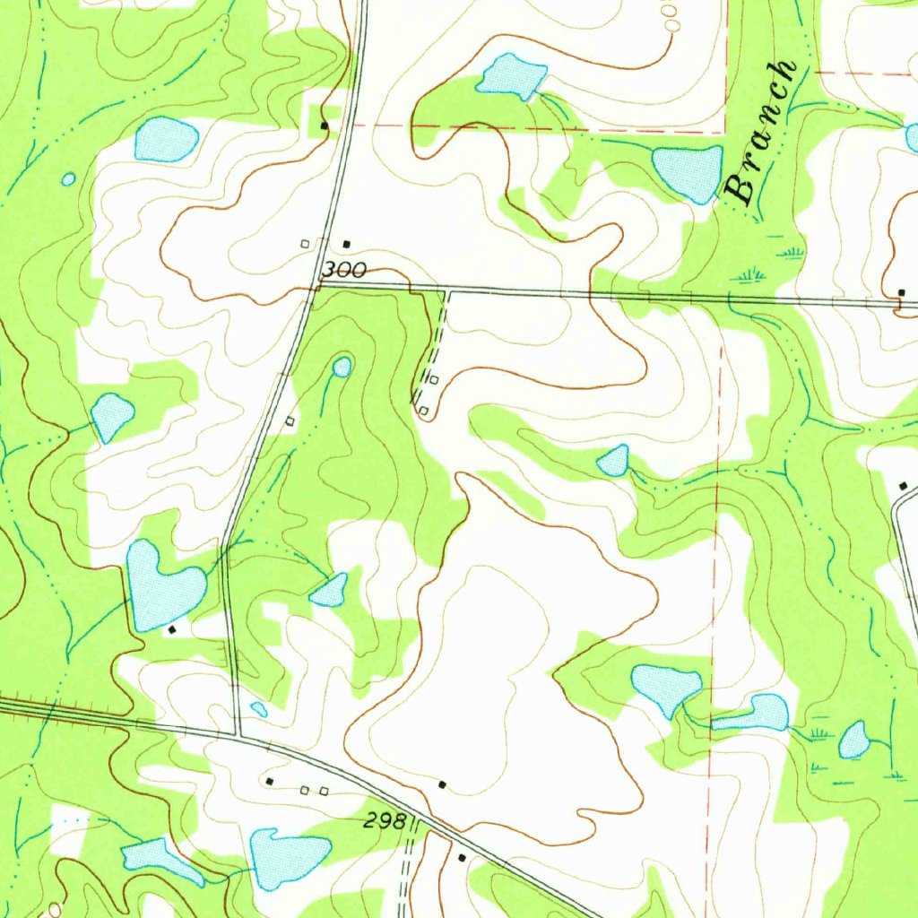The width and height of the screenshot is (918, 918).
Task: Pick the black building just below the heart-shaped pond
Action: tap(173, 629)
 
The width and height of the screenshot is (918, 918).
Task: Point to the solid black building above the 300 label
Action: tap(348, 243)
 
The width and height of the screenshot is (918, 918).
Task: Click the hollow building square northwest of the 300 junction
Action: tap(305, 243)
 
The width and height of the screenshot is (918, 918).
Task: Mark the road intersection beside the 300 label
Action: tap(317, 285)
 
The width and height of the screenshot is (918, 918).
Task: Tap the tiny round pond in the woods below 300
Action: tap(342, 367)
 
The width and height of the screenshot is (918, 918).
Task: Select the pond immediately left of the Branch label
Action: tap(688, 170)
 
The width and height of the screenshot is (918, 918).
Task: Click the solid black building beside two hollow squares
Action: tap(271, 782)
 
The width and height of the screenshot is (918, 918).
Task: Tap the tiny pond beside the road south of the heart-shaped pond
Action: tap(258, 709)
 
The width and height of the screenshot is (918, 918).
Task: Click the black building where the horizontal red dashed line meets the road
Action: tap(325, 126)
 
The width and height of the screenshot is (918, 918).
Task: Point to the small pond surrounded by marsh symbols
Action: tap(853, 740)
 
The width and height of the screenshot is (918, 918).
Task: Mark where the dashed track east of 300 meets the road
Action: tap(446, 291)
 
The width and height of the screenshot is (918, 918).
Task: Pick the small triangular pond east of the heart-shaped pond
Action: tap(331, 591)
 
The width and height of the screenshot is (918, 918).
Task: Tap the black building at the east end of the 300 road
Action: tap(902, 293)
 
